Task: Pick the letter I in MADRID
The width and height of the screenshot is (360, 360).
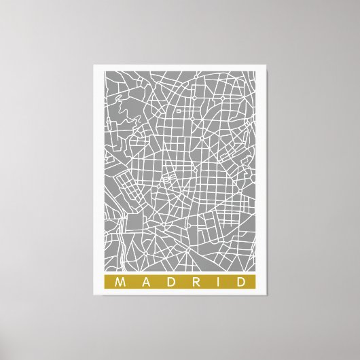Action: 217,281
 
